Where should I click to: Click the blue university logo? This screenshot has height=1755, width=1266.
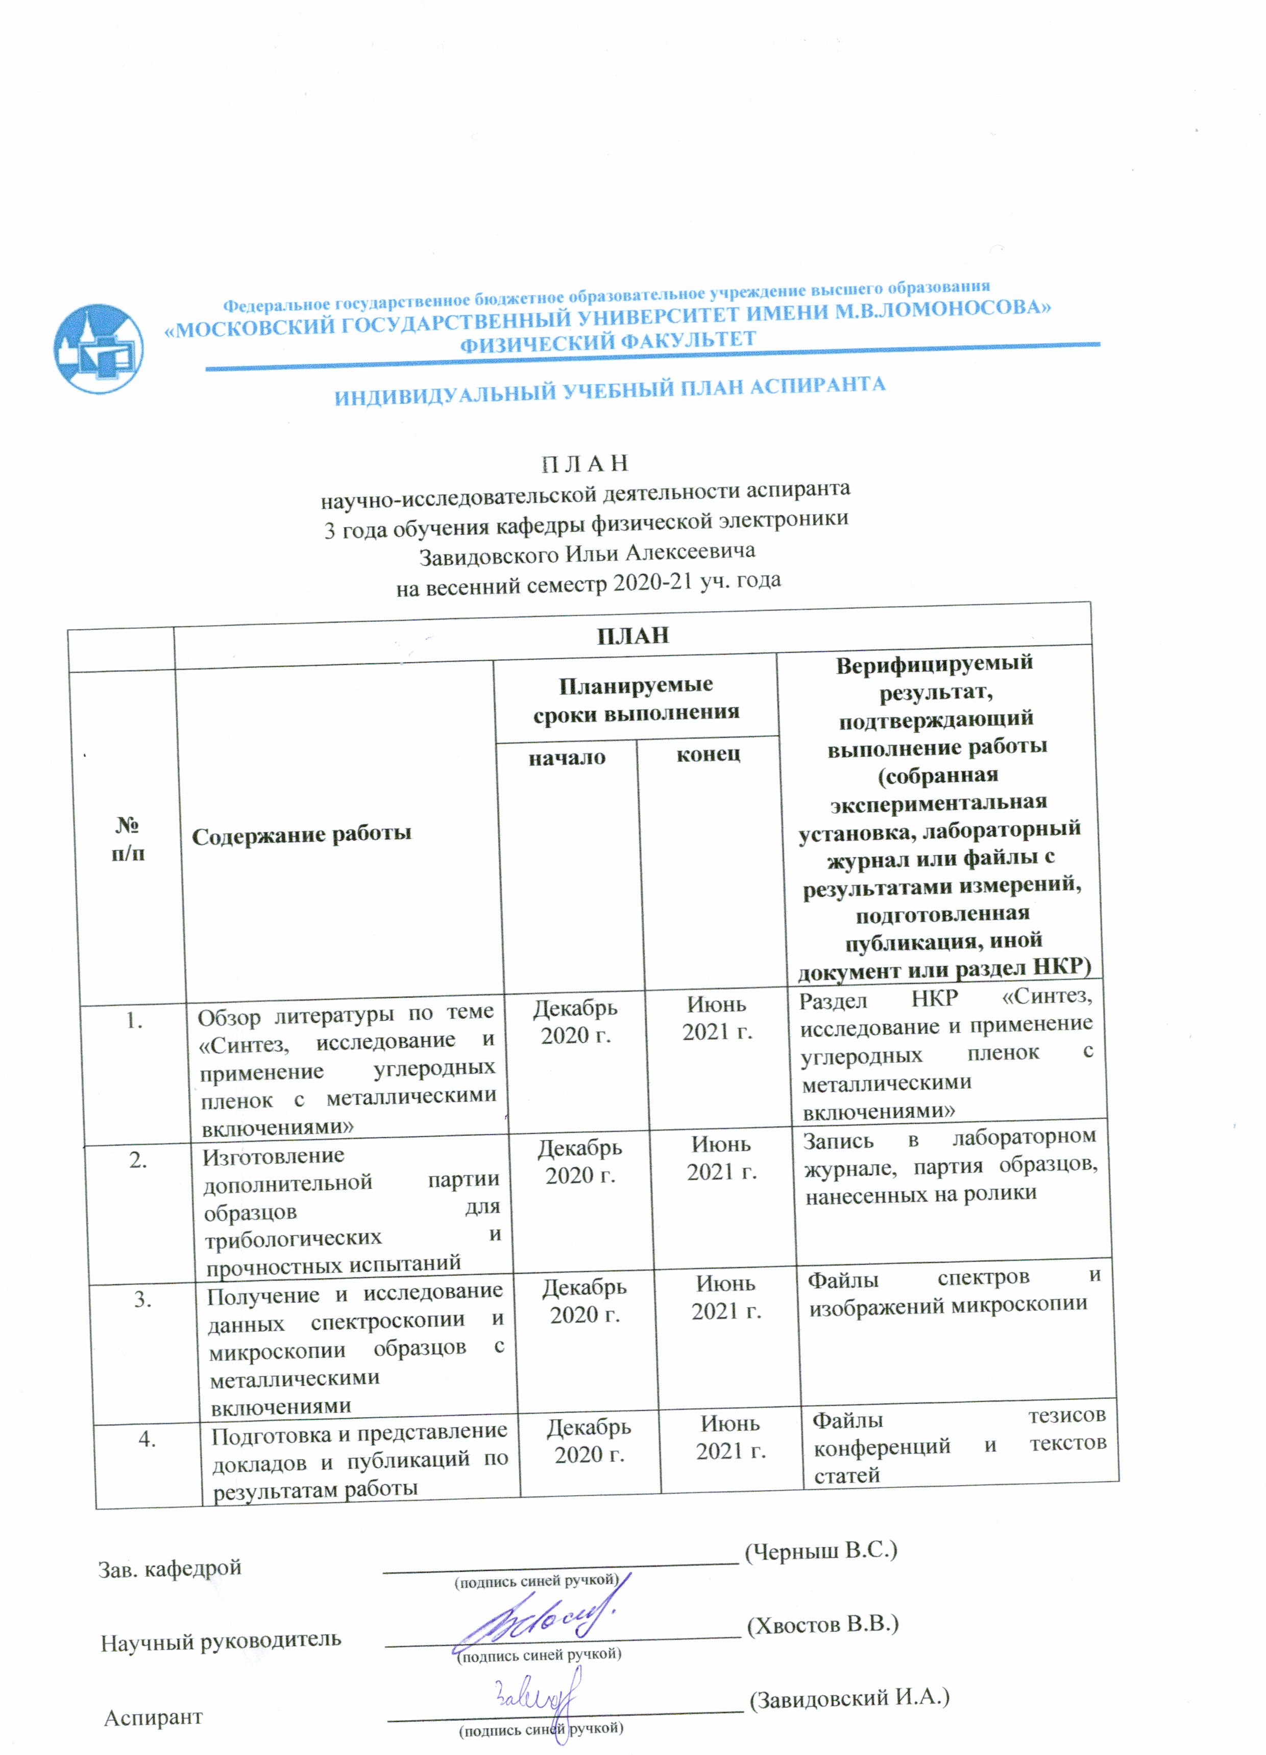99,349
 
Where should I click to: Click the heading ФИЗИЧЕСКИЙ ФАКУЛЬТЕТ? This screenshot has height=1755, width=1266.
607,341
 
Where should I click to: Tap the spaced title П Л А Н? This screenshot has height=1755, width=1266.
583,464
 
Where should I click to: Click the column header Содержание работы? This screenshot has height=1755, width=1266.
301,835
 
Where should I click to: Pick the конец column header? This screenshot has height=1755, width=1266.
708,753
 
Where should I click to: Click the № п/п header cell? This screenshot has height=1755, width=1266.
128,839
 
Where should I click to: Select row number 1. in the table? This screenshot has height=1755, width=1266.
135,1021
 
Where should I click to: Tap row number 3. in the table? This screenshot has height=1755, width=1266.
142,1299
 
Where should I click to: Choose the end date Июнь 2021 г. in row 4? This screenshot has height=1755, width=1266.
731,1437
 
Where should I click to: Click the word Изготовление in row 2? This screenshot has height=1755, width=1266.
273,1156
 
